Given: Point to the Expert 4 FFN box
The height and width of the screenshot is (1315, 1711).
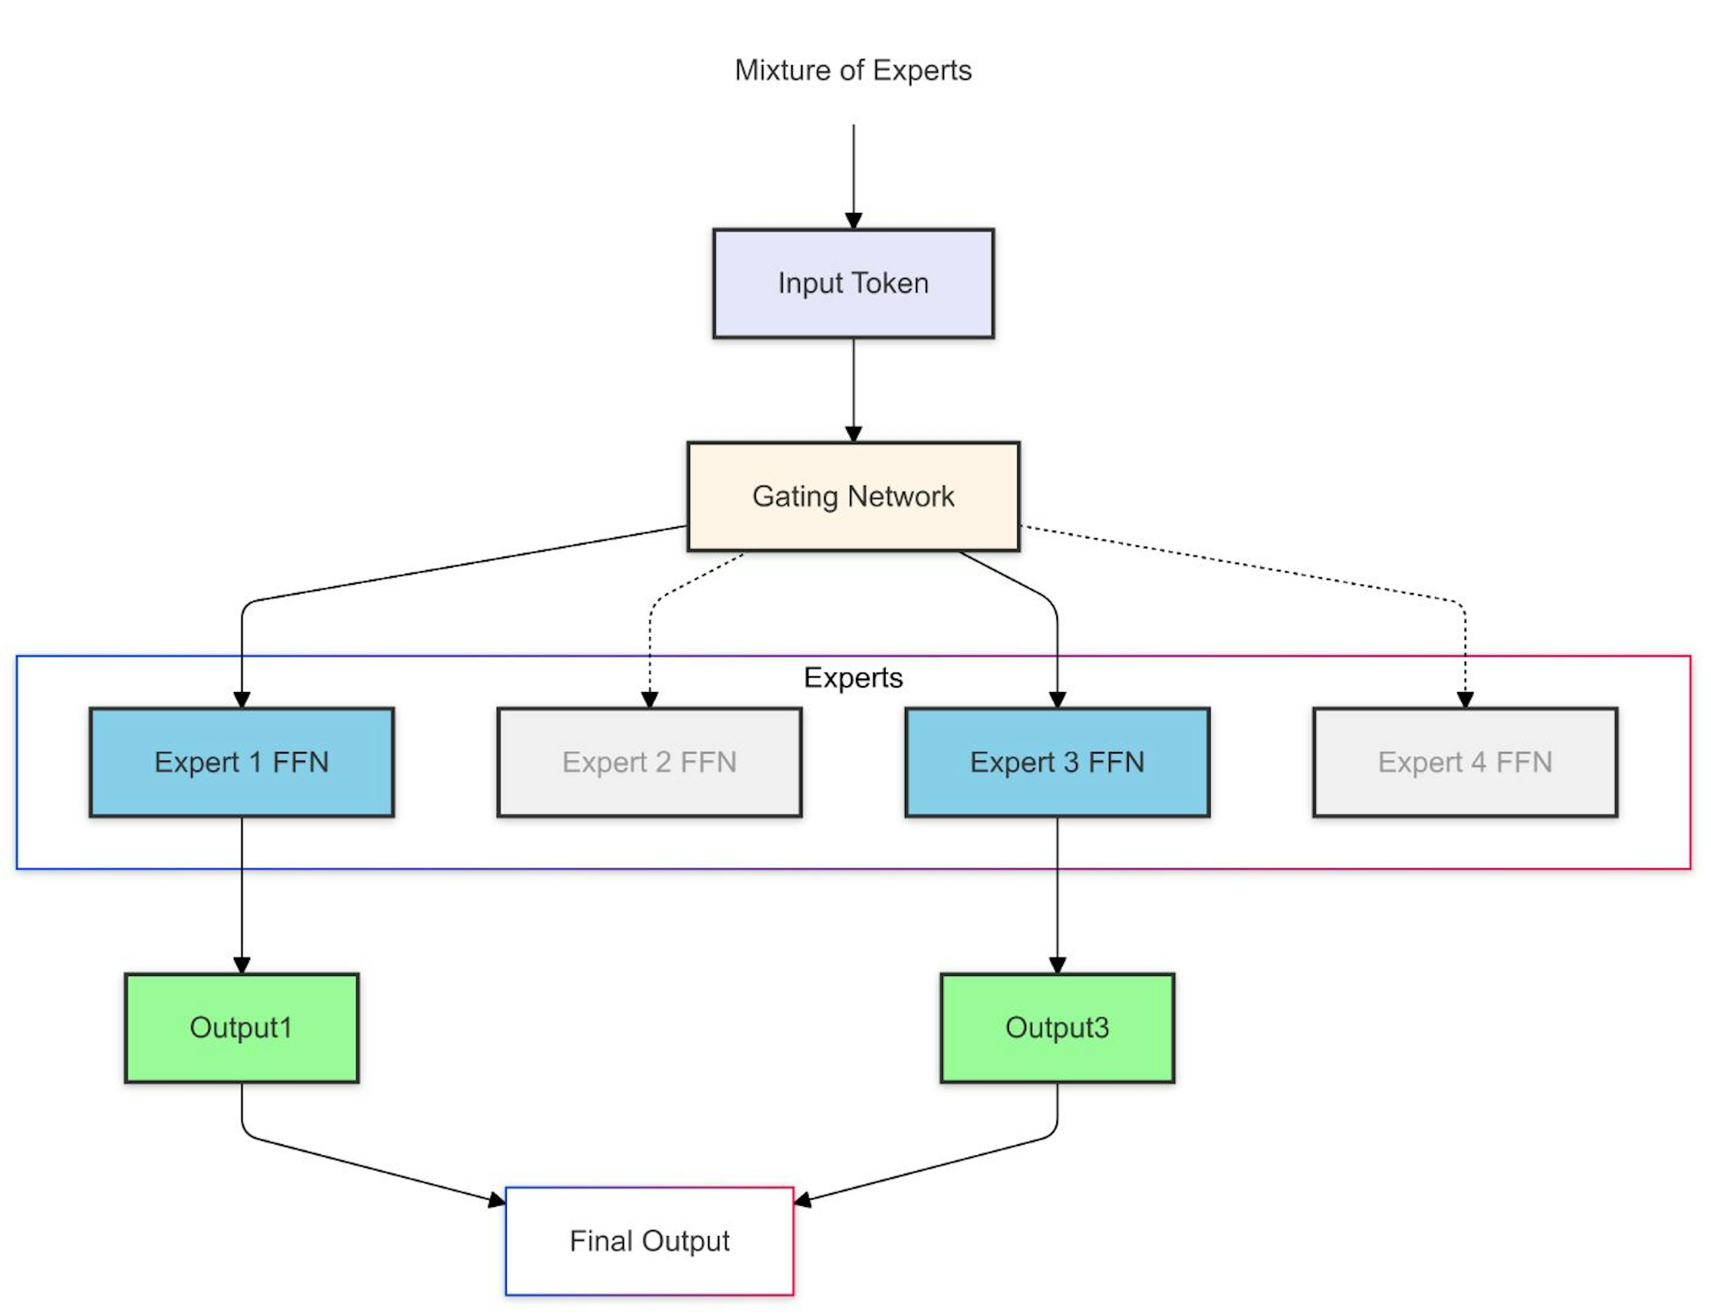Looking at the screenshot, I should [x=1465, y=762].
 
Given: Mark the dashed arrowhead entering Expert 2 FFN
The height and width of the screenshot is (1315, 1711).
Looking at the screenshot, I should [x=650, y=700].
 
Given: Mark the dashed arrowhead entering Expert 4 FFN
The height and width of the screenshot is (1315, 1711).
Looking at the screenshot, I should [x=1465, y=700].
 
